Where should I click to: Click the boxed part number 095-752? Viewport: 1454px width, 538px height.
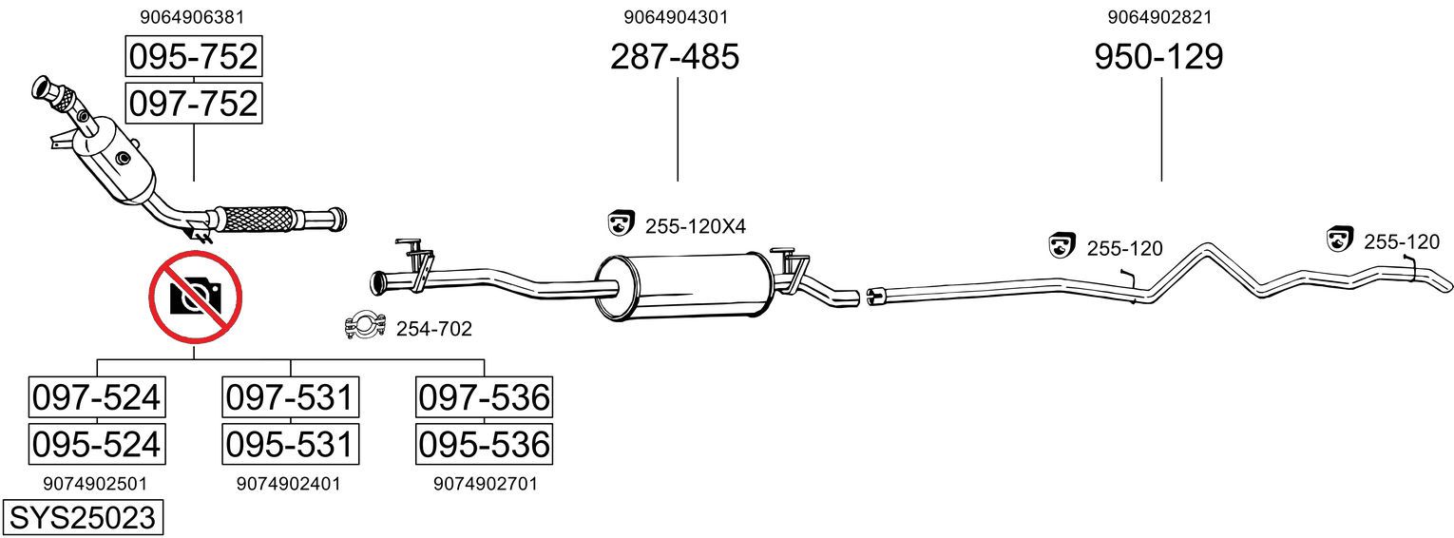194,56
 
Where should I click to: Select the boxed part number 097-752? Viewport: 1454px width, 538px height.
194,104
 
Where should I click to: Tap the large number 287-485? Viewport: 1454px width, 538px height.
675,56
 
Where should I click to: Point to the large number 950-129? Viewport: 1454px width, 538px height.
1158,56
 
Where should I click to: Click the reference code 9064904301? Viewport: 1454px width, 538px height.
676,17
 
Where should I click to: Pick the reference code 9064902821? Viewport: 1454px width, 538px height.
1159,17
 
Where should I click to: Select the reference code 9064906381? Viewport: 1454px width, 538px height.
192,17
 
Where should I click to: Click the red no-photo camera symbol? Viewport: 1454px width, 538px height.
196,298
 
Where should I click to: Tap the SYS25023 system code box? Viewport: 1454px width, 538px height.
83,518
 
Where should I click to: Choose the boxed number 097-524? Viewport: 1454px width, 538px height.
97,397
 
